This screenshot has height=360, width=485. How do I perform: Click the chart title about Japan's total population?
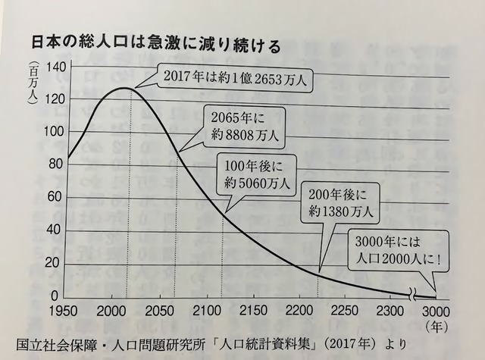[x=156, y=44]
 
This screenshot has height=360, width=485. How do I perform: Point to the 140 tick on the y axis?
[x=56, y=67]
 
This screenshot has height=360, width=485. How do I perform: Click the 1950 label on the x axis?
[x=63, y=311]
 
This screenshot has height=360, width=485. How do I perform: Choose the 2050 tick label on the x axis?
[x=159, y=311]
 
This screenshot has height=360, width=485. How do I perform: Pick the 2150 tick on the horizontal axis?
[x=253, y=310]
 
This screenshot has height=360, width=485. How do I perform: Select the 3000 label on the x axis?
[x=436, y=311]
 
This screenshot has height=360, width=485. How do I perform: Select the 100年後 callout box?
[x=256, y=175]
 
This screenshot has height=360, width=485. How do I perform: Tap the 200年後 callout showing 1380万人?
[x=340, y=204]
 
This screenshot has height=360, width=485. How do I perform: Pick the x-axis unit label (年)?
[x=436, y=327]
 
